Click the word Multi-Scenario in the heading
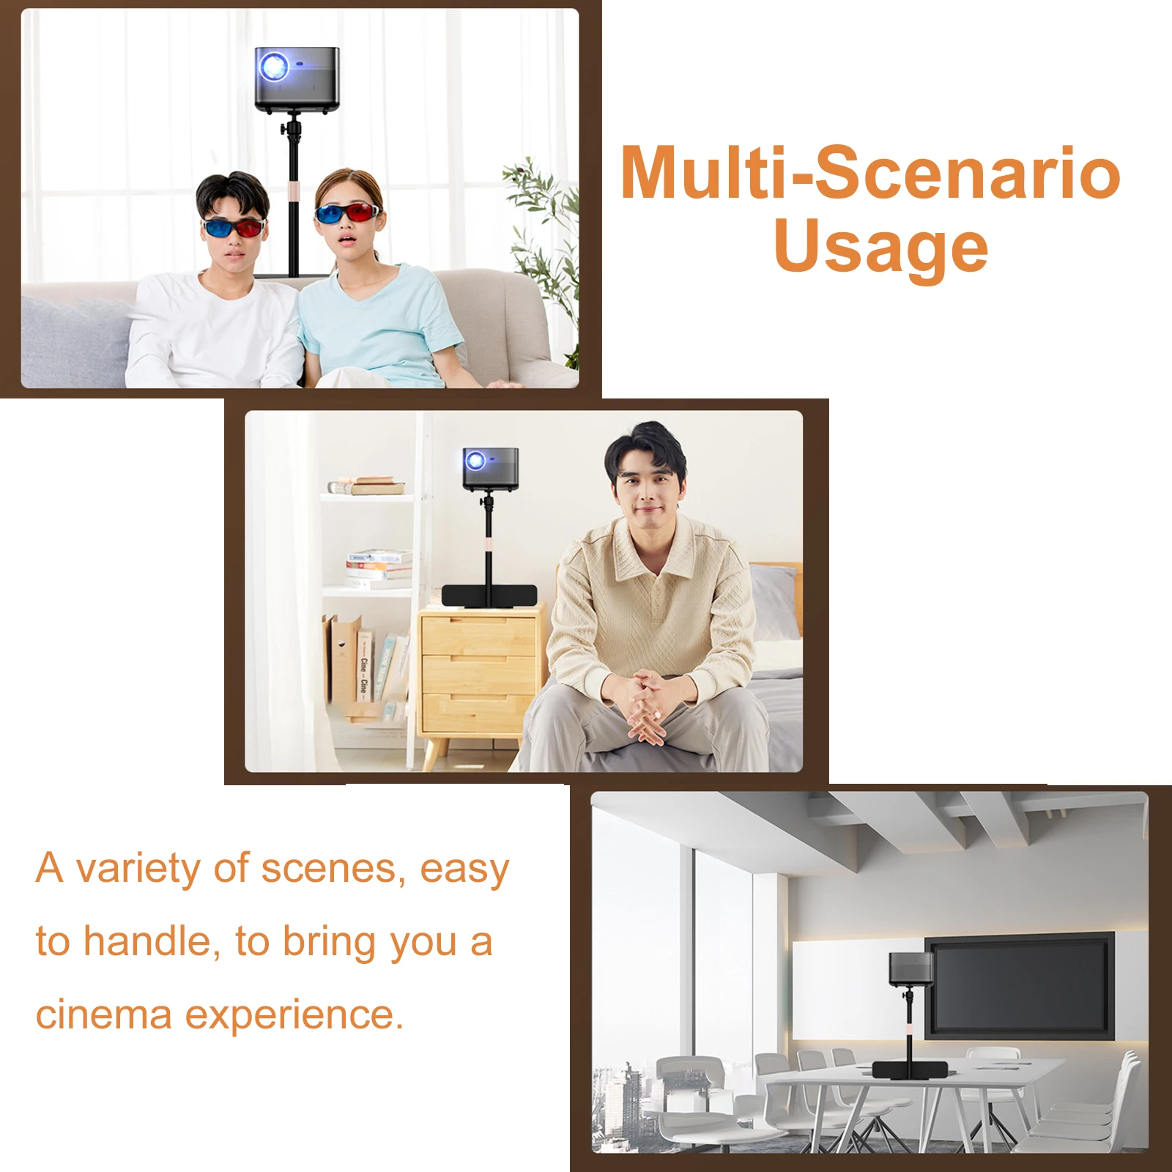(x=870, y=173)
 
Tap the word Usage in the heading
(x=881, y=247)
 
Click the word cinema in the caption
(x=104, y=1015)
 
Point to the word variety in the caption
(x=138, y=869)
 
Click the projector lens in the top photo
(x=274, y=67)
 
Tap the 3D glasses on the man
(x=233, y=227)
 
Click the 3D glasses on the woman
(x=347, y=213)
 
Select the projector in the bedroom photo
(x=490, y=469)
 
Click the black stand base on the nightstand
(x=489, y=596)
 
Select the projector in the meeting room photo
(x=910, y=968)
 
